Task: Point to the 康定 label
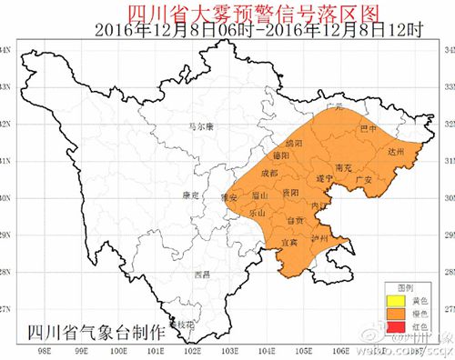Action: [x=191, y=194]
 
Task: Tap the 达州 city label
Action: [x=394, y=153]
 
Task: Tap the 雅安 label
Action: [x=229, y=196]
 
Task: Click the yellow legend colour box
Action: [x=395, y=300]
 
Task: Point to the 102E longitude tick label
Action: [x=193, y=349]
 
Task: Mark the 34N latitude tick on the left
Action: [x=8, y=49]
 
